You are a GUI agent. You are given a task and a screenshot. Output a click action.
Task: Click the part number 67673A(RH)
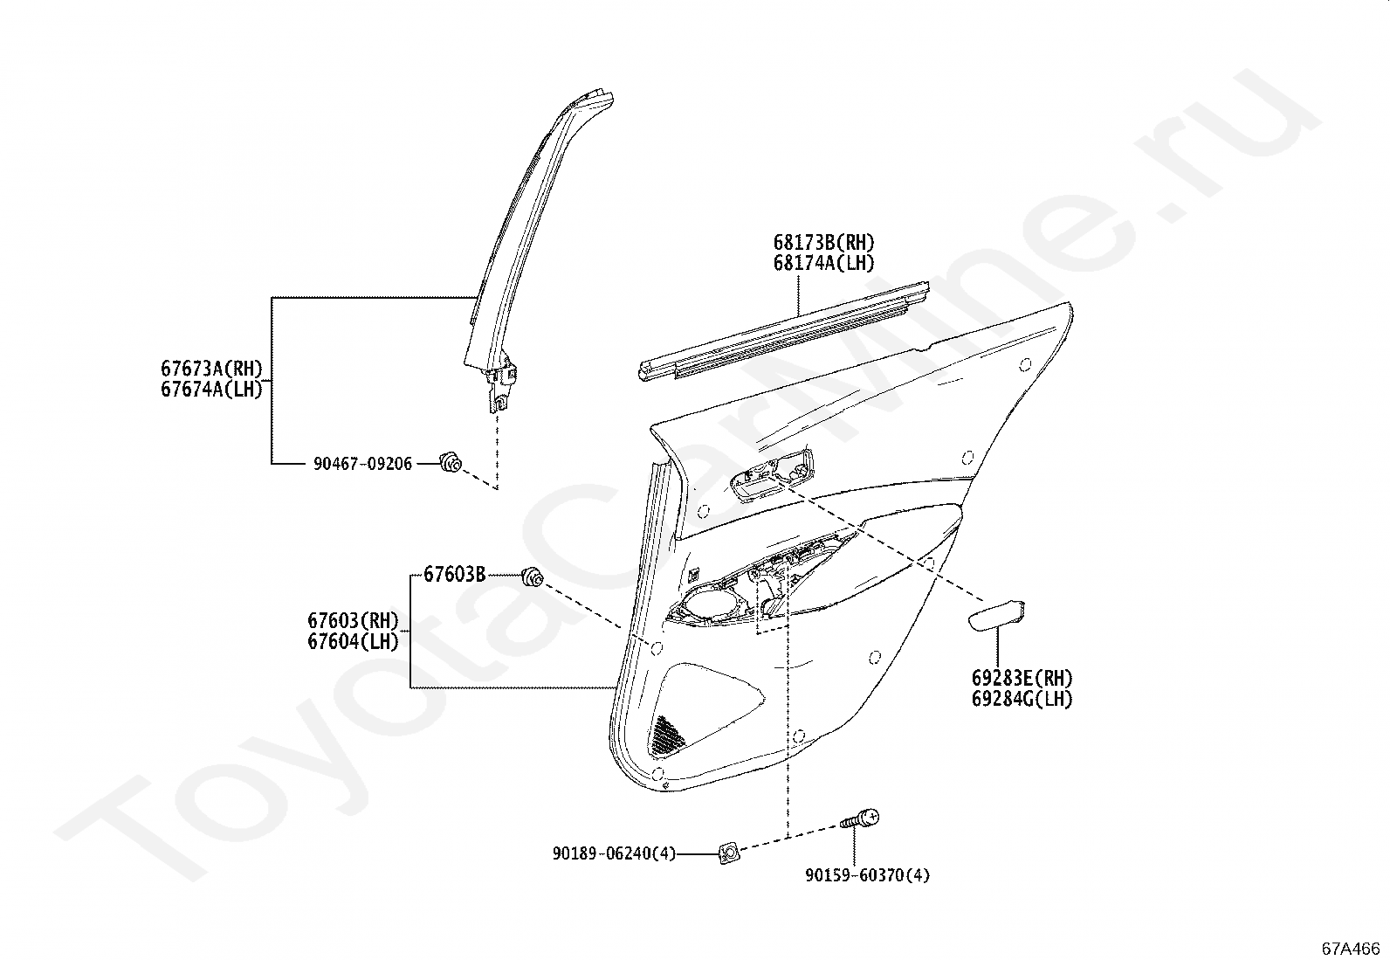click(211, 368)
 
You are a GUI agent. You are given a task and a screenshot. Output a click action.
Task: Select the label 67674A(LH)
click(211, 389)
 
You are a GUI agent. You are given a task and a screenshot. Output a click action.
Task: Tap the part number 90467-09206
click(362, 464)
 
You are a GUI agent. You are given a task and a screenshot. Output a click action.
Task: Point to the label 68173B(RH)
click(822, 242)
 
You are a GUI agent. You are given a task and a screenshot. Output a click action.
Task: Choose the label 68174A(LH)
click(822, 263)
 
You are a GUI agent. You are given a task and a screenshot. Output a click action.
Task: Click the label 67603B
click(454, 574)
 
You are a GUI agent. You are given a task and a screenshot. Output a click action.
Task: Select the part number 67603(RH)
click(353, 621)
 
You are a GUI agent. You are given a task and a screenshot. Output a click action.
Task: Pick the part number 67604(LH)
click(353, 642)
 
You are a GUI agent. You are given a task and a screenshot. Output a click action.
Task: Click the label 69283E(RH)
click(1022, 678)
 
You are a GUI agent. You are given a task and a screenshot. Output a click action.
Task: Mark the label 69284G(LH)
click(1022, 699)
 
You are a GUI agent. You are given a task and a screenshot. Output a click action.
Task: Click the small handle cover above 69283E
click(997, 615)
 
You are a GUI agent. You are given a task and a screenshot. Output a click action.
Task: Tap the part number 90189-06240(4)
click(614, 853)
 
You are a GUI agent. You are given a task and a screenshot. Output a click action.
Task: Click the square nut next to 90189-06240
click(728, 853)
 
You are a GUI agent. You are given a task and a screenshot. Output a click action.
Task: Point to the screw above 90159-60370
click(861, 820)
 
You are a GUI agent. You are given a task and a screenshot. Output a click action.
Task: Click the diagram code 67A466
click(1351, 948)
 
